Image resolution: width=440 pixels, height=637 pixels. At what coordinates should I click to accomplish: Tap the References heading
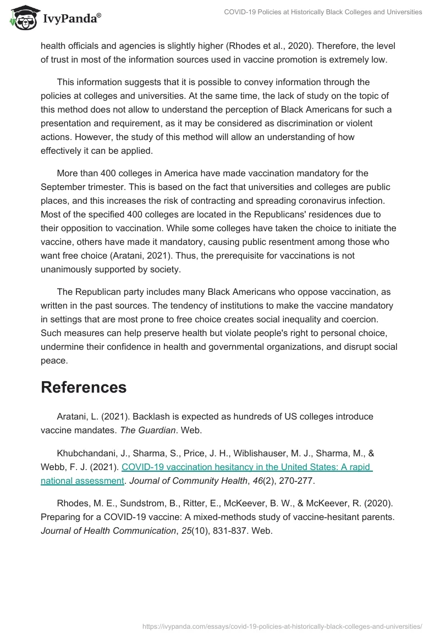(x=84, y=387)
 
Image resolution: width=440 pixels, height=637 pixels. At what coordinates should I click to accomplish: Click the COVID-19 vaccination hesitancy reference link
(x=247, y=467)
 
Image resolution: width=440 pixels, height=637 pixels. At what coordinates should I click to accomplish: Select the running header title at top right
(x=323, y=12)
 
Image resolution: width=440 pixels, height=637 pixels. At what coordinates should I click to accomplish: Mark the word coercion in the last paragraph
(x=375, y=319)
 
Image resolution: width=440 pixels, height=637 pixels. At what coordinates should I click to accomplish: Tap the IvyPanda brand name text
(x=72, y=18)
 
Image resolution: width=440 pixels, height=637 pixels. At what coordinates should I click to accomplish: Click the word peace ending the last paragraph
(x=54, y=360)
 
